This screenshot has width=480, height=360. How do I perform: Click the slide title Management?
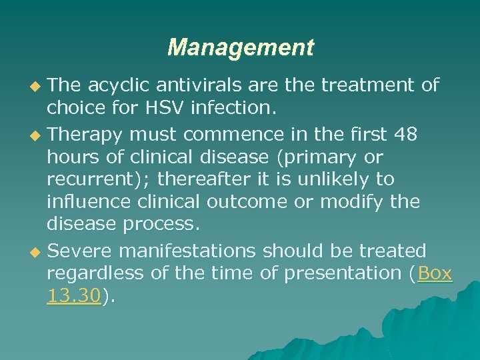click(x=240, y=47)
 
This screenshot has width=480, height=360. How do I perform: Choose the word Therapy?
click(x=85, y=134)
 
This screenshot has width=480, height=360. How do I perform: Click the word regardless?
click(x=95, y=273)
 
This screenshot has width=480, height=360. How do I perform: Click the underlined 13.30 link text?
click(x=73, y=295)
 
